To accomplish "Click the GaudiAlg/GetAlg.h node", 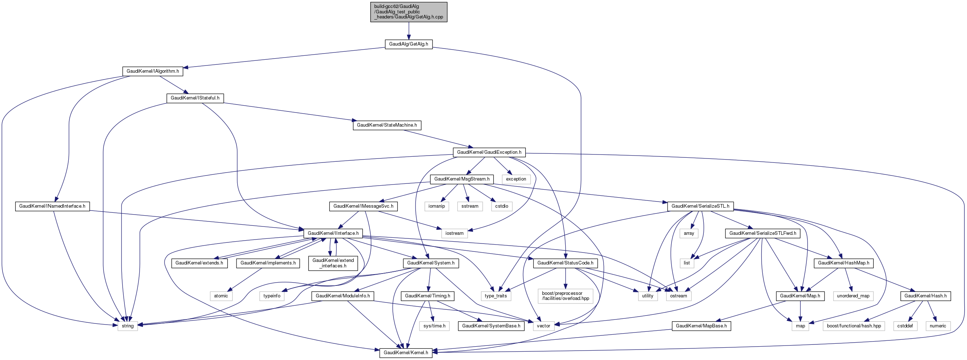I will tap(408, 44).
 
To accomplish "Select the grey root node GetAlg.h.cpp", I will tap(408, 12).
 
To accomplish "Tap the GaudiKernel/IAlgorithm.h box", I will tap(152, 71).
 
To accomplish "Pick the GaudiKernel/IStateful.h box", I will tap(195, 98).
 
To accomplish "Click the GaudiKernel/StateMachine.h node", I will tap(387, 126).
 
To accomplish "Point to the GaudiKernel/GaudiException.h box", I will tap(489, 152).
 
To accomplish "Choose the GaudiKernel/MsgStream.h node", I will tap(462, 179).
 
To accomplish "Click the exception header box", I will tap(516, 179).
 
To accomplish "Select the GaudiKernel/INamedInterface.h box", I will tap(52, 207).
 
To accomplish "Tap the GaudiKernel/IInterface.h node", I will tap(333, 233).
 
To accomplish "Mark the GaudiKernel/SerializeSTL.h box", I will tap(700, 207).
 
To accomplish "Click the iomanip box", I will tap(436, 207).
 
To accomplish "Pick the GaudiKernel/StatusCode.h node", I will tap(565, 263).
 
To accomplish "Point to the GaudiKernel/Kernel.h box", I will tap(406, 353).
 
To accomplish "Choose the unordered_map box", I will tap(853, 296).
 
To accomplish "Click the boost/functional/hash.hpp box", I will tap(854, 326).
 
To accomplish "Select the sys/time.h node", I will tap(434, 326).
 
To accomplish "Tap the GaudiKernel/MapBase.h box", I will tap(701, 326).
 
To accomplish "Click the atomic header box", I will tap(221, 296).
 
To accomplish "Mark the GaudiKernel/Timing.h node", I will tap(427, 296).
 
